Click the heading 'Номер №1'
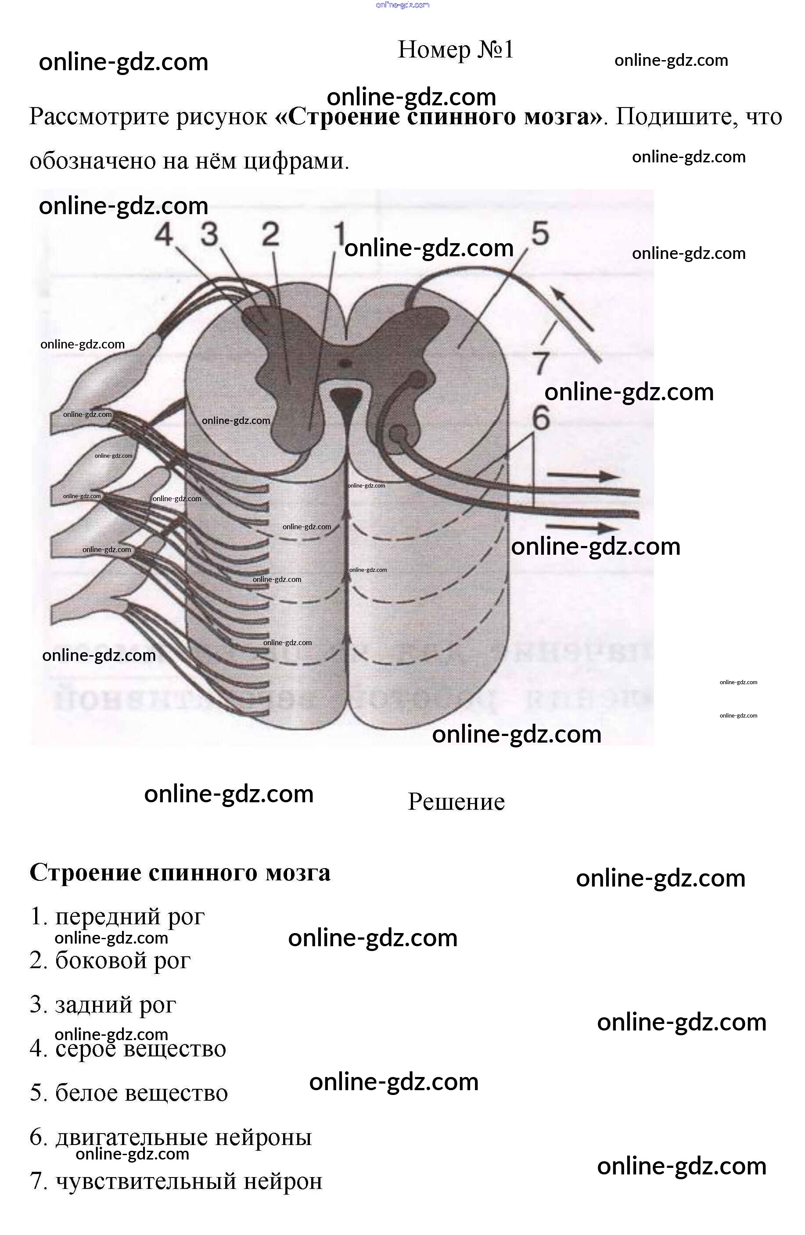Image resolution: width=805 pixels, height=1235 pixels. coord(455,50)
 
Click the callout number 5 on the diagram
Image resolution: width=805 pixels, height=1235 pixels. coord(540,233)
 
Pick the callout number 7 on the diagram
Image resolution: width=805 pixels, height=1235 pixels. coord(541,362)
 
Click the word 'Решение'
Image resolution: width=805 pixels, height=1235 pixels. coord(456,802)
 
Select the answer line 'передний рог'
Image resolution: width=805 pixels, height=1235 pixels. coord(117,916)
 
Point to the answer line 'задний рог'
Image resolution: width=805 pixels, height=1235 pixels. coord(103,1004)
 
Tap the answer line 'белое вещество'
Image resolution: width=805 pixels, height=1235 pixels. coord(129,1092)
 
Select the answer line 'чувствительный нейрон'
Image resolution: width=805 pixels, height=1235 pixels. coord(176,1181)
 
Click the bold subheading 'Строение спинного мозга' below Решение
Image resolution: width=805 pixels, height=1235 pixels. coord(180,872)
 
